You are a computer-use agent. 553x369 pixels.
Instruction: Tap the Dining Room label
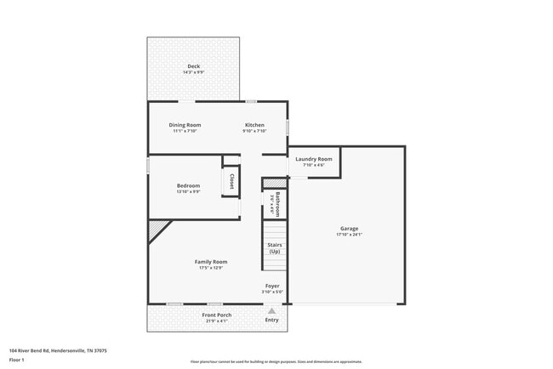185,125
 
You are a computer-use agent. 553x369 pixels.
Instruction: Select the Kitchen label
255,125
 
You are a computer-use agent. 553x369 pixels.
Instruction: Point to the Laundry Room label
314,159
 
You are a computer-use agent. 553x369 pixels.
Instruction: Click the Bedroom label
189,185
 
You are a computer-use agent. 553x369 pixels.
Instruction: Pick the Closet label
231,181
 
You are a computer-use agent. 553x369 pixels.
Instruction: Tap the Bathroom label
277,204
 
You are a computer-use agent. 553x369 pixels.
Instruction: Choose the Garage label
349,228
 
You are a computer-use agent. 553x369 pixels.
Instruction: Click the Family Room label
211,261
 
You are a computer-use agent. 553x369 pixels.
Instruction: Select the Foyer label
272,286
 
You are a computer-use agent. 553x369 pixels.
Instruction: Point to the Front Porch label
216,315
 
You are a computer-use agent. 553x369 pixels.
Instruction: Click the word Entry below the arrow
271,320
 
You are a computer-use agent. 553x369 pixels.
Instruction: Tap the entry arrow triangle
271,310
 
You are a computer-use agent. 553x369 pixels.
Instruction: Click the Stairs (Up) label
274,247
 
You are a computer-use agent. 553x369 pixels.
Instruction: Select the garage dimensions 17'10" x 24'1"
349,234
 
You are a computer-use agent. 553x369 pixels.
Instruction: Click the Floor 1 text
17,360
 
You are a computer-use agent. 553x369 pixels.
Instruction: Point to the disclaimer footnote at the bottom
276,361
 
